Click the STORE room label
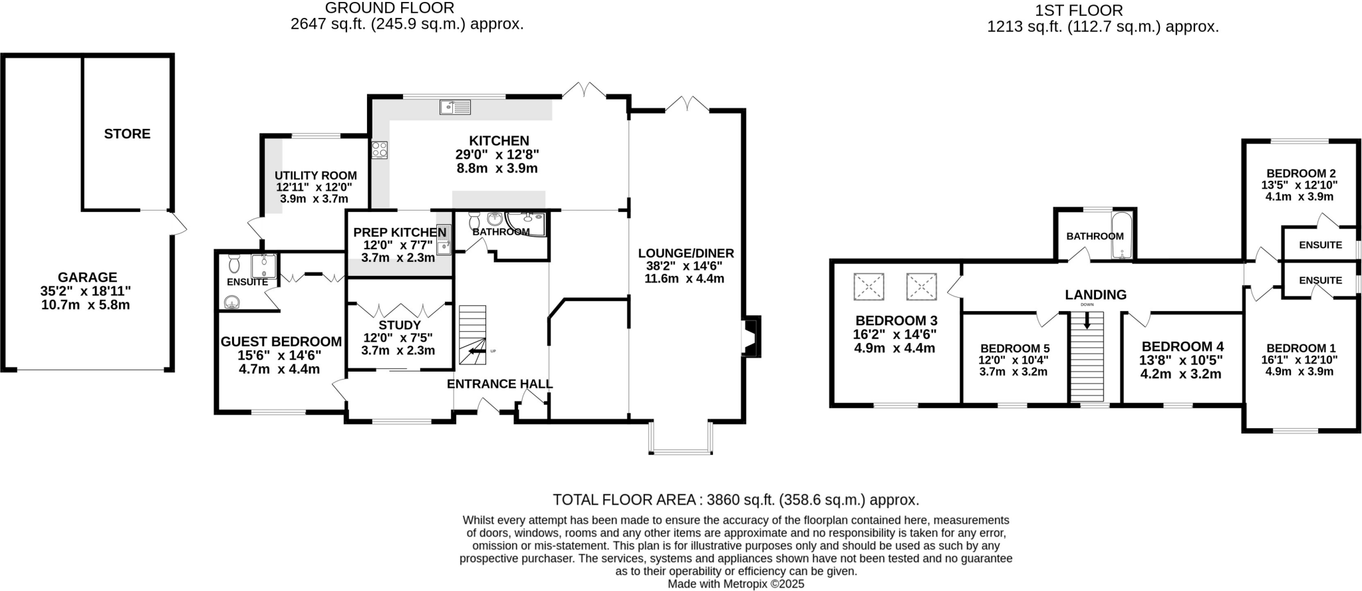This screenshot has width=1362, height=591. [x=127, y=134]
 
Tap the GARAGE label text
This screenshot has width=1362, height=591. [x=87, y=277]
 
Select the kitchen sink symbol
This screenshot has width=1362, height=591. [x=455, y=106]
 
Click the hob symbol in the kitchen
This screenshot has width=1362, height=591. [x=380, y=151]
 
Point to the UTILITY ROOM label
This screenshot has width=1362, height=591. [x=316, y=176]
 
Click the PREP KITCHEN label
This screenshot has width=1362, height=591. [x=400, y=232]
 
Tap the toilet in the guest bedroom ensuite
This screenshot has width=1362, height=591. [x=233, y=263]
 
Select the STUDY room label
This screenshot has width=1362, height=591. [x=400, y=325]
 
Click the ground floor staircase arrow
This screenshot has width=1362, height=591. [x=477, y=352]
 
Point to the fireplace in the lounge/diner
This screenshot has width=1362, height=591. [x=751, y=336]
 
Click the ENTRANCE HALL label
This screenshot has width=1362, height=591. [x=500, y=384]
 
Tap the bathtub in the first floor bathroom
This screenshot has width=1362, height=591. [x=1121, y=235]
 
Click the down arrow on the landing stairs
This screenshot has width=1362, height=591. [x=1087, y=320]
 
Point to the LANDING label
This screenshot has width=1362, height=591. [x=1096, y=295]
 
